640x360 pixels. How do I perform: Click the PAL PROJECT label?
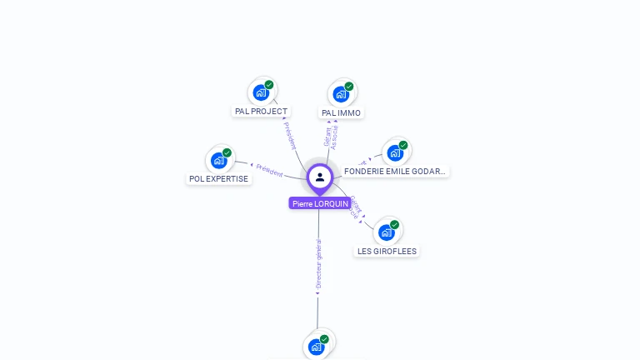261,112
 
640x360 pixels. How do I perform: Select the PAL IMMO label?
342,112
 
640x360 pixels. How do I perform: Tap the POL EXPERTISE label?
218,178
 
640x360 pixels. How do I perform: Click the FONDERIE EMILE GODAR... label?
395,171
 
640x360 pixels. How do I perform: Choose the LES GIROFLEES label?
387,251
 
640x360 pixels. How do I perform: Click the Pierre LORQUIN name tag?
320,203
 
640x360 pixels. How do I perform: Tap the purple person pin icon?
320,177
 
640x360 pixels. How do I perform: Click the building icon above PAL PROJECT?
261,91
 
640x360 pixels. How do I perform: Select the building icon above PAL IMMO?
341,92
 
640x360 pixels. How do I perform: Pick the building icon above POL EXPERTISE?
218,159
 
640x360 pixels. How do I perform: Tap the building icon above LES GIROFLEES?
387,231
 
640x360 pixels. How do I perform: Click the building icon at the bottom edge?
316,346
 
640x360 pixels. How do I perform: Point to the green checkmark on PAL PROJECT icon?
269,84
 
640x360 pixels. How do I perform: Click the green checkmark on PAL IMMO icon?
349,86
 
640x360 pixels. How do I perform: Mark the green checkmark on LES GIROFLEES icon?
395,224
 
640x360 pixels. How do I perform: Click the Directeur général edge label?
318,265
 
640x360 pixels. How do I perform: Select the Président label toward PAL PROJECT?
289,135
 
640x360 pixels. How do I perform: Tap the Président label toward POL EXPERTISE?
268,170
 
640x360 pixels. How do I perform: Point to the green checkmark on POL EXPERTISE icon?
227,152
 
